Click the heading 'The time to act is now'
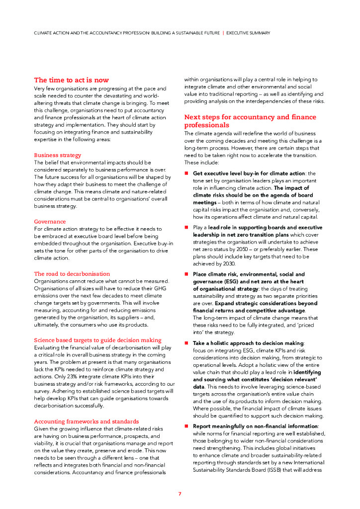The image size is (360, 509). pyautogui.click(x=71, y=80)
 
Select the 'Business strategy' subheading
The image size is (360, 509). pyautogui.click(x=57, y=155)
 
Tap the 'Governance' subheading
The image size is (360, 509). pyautogui.click(x=50, y=221)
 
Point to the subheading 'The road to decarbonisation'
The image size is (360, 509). pyautogui.click(x=72, y=274)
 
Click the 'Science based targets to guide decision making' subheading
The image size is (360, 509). pyautogui.click(x=97, y=340)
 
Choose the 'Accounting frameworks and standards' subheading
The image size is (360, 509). pyautogui.click(x=86, y=421)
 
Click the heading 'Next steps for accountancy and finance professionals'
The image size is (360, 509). pyautogui.click(x=250, y=121)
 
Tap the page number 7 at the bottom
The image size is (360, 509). pyautogui.click(x=180, y=494)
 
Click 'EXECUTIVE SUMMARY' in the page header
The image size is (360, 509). pyautogui.click(x=248, y=33)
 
